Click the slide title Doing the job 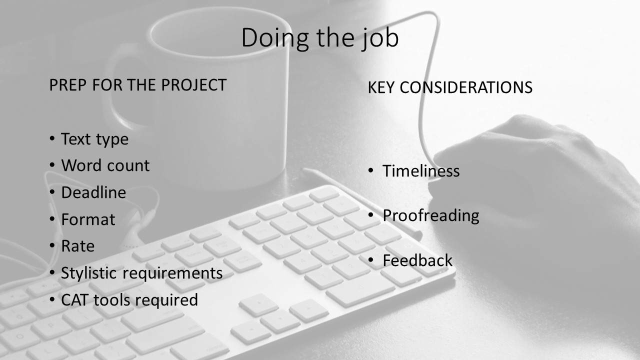click(x=320, y=38)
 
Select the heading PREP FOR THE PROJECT click(x=137, y=85)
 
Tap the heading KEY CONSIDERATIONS click(x=450, y=88)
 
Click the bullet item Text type click(x=94, y=139)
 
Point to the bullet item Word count click(x=105, y=165)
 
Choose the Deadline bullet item click(x=93, y=192)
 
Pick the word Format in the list click(x=88, y=219)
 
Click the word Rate click(x=77, y=246)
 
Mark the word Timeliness click(x=421, y=171)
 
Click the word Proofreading click(x=430, y=215)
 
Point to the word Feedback click(x=417, y=260)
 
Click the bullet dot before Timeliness click(x=371, y=170)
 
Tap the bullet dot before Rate click(x=52, y=245)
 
